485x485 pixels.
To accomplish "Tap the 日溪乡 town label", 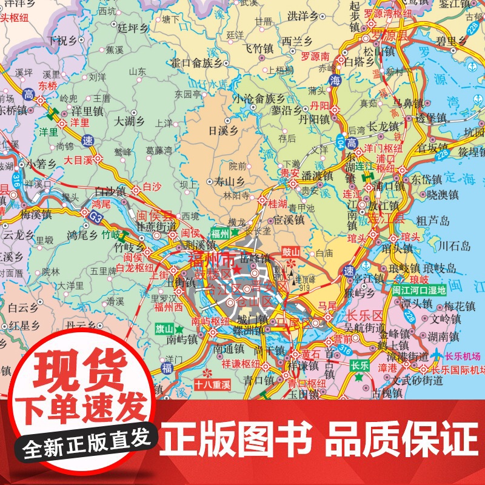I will pyautogui.click(x=223, y=130).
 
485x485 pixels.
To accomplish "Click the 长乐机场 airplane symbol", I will pyautogui.click(x=435, y=356).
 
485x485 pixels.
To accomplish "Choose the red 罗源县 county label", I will pyautogui.click(x=388, y=36).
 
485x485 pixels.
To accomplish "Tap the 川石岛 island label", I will pyautogui.click(x=454, y=246).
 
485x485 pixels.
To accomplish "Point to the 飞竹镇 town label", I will pyautogui.click(x=258, y=47).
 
